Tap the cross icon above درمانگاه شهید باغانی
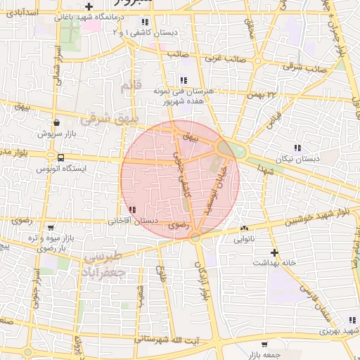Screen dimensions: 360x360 pyautogui.click(x=89, y=6)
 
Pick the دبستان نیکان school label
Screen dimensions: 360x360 pyautogui.click(x=298, y=159)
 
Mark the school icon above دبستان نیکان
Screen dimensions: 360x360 pyautogui.click(x=297, y=148)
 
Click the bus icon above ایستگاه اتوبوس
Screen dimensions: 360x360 pyautogui.click(x=52, y=157)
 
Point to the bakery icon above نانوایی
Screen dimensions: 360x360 pyautogui.click(x=244, y=228)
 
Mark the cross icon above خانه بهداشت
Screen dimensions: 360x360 pyautogui.click(x=274, y=252)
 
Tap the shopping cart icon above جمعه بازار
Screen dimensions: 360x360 pyautogui.click(x=264, y=345)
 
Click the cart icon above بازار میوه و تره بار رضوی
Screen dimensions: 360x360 pyautogui.click(x=50, y=227)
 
